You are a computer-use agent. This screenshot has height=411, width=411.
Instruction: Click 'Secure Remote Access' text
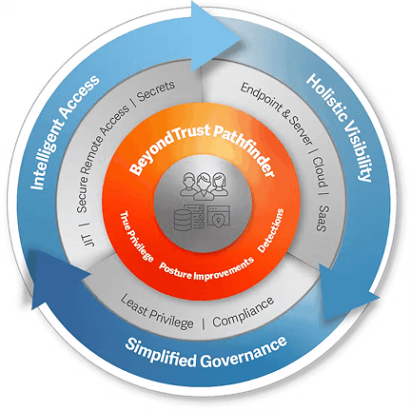[x=102, y=158]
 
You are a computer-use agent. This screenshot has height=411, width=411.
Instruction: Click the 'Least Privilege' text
[x=157, y=312]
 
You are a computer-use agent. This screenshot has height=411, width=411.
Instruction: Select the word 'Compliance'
[x=243, y=312]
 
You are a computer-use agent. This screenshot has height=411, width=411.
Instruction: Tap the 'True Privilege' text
[x=137, y=236]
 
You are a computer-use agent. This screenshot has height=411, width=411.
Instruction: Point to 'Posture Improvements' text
[x=206, y=269]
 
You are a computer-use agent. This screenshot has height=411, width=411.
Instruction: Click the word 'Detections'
[x=271, y=230]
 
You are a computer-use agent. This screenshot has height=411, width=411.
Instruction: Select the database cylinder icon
[x=183, y=220]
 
